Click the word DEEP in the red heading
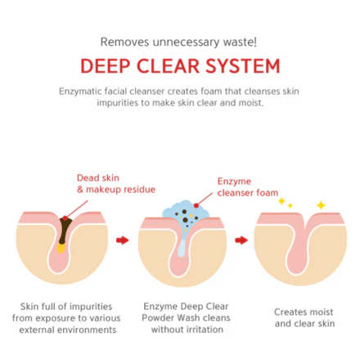tap(105, 66)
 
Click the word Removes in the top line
tap(124, 42)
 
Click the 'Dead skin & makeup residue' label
tap(116, 183)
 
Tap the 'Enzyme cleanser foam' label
tap(248, 187)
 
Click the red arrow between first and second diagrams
tap(123, 241)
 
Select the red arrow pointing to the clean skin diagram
tap(241, 241)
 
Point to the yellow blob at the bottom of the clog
tap(61, 248)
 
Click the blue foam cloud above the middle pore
tap(187, 210)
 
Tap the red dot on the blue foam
tap(196, 206)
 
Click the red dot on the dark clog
tap(65, 218)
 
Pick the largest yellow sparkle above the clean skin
tap(321, 205)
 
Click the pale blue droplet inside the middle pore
tap(182, 248)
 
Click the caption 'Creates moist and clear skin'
tap(304, 317)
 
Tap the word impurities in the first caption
tap(91, 307)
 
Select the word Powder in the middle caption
tap(158, 318)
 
